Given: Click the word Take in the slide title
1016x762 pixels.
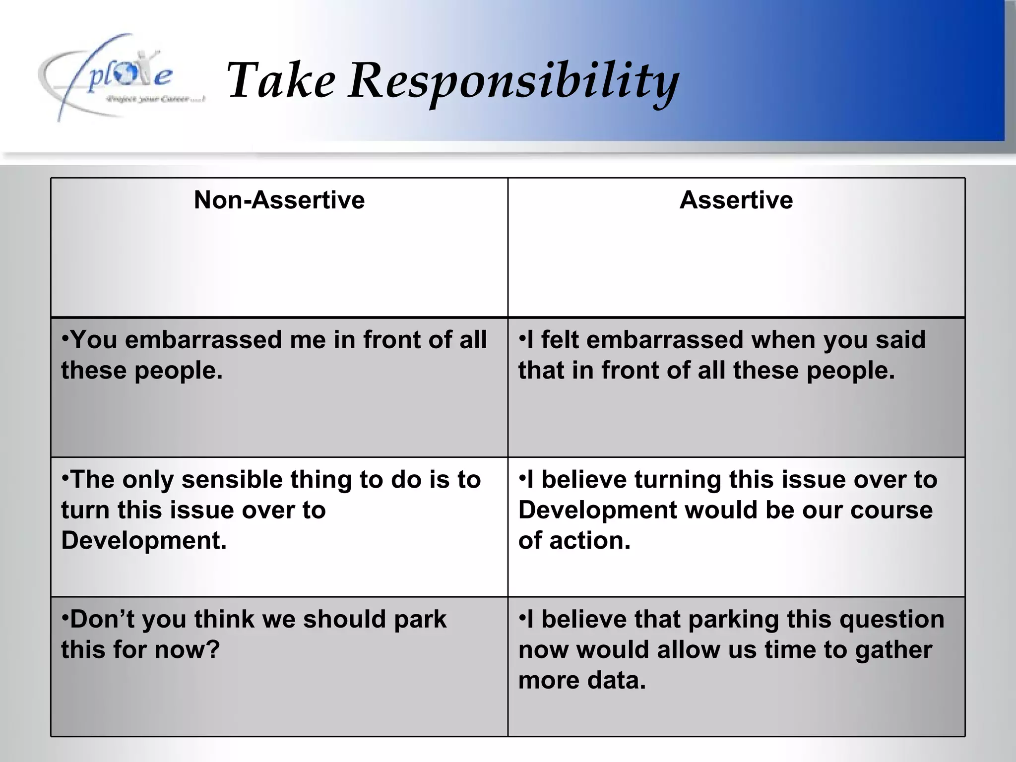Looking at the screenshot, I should point(281,80).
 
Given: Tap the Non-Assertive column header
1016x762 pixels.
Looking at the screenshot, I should point(279,200).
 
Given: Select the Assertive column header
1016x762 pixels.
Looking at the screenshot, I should point(736,200).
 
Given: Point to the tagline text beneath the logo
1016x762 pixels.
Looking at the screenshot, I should point(155,100).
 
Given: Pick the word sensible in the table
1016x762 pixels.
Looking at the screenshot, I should point(232,480).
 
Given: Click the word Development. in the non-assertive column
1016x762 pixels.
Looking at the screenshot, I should point(144,540).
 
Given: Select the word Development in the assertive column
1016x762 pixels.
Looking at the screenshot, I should point(598,510).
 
